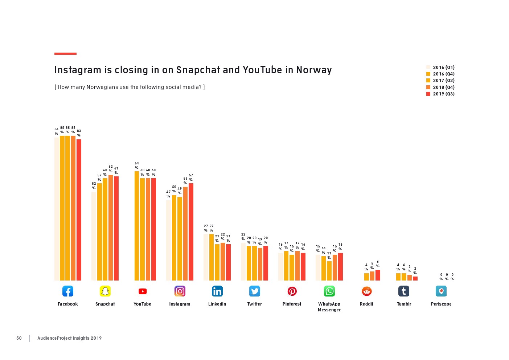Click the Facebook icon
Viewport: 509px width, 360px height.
(68, 291)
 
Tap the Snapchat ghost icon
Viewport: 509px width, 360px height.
(105, 291)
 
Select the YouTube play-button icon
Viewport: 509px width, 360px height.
(143, 291)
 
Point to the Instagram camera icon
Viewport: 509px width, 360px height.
(180, 291)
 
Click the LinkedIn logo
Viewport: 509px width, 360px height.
(217, 291)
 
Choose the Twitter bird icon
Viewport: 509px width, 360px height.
(255, 291)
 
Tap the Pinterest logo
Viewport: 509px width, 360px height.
(292, 291)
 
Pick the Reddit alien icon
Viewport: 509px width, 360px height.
(367, 291)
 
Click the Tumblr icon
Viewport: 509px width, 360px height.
(404, 291)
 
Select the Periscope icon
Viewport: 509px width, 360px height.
(441, 291)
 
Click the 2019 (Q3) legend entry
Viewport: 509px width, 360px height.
(440, 94)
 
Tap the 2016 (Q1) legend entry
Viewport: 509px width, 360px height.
(440, 67)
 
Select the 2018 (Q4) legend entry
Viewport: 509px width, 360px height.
(440, 87)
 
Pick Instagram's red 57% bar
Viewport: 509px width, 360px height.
(191, 232)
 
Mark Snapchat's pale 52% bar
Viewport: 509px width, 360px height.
(94, 236)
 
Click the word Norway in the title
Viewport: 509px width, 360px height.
(314, 70)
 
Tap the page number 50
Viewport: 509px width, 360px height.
(19, 338)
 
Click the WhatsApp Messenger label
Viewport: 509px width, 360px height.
(329, 307)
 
